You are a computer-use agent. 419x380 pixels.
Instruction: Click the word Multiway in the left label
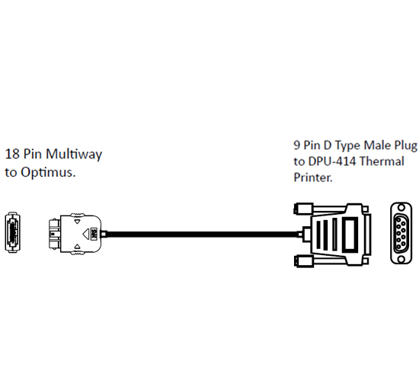(x=74, y=155)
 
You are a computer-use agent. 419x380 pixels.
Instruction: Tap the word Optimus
(x=48, y=173)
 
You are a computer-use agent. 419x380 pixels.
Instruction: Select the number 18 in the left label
(x=12, y=154)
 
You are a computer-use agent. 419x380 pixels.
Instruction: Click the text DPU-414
(x=332, y=161)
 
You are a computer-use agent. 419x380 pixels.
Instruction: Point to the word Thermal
(x=382, y=161)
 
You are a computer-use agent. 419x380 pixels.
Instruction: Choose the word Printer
(x=313, y=177)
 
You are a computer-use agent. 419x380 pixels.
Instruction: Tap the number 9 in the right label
(x=297, y=145)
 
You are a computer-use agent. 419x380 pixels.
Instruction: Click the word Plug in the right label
(x=405, y=145)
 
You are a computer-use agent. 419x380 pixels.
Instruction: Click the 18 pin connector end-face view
(x=12, y=232)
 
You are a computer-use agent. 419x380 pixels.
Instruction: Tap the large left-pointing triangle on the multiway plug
(x=85, y=234)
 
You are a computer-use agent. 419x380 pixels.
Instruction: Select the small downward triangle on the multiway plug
(x=77, y=222)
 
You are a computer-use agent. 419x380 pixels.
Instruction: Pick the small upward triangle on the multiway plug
(x=77, y=246)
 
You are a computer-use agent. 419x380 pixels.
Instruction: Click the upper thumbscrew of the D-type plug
(x=303, y=209)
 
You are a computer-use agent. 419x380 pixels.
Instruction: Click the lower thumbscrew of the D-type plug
(x=303, y=261)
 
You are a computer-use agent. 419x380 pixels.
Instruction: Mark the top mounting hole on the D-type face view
(x=401, y=207)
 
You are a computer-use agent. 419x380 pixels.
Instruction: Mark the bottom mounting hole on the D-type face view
(x=401, y=259)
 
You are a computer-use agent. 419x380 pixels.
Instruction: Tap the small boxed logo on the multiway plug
(x=94, y=234)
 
